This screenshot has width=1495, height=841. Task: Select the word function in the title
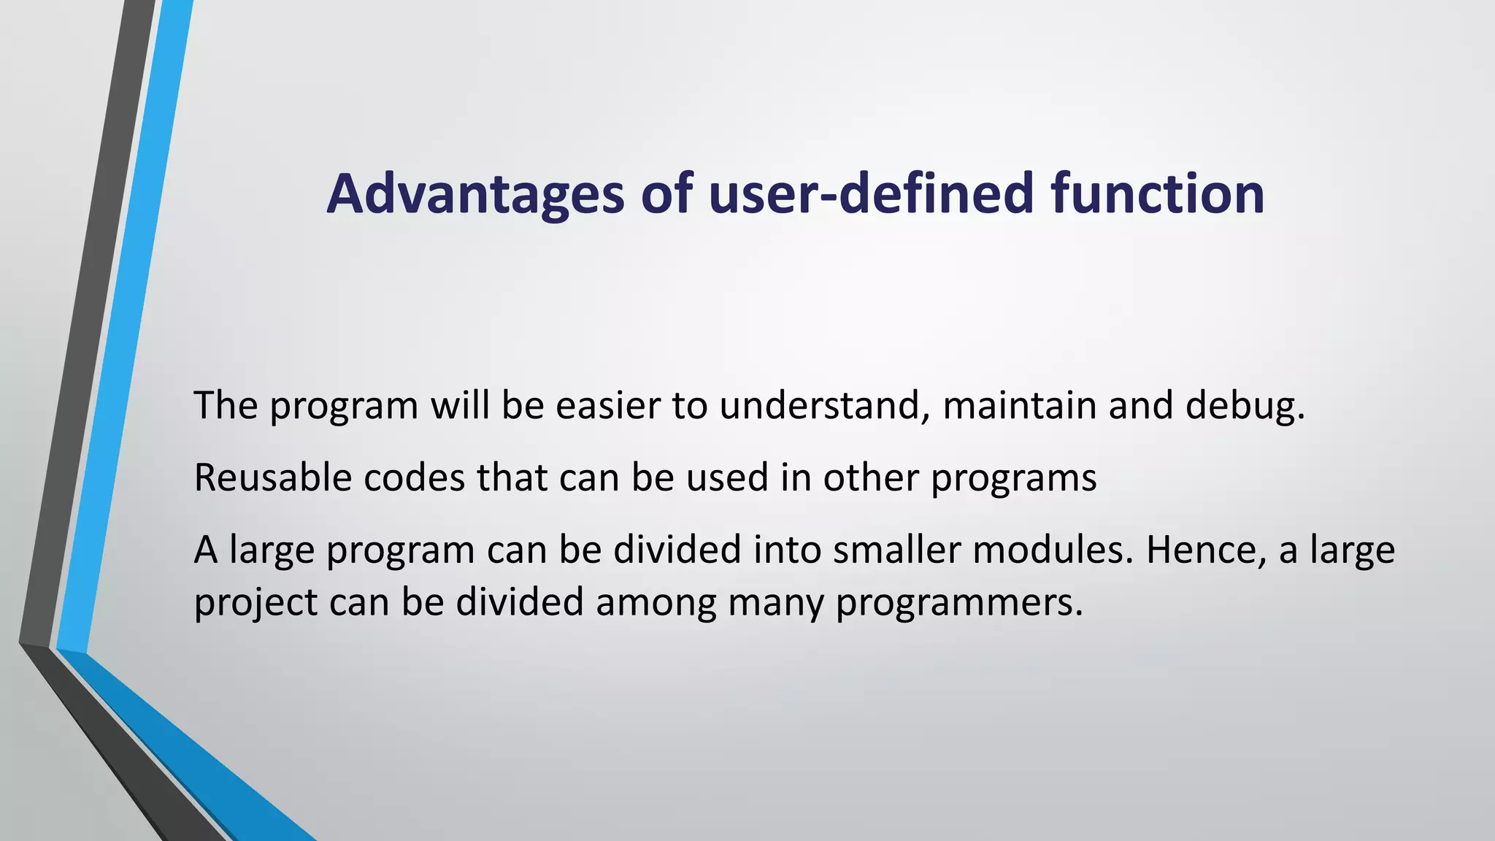click(1158, 194)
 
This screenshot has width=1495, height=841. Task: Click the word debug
click(1245, 407)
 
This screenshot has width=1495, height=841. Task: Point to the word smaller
click(896, 550)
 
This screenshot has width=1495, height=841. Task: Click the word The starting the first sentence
click(226, 405)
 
